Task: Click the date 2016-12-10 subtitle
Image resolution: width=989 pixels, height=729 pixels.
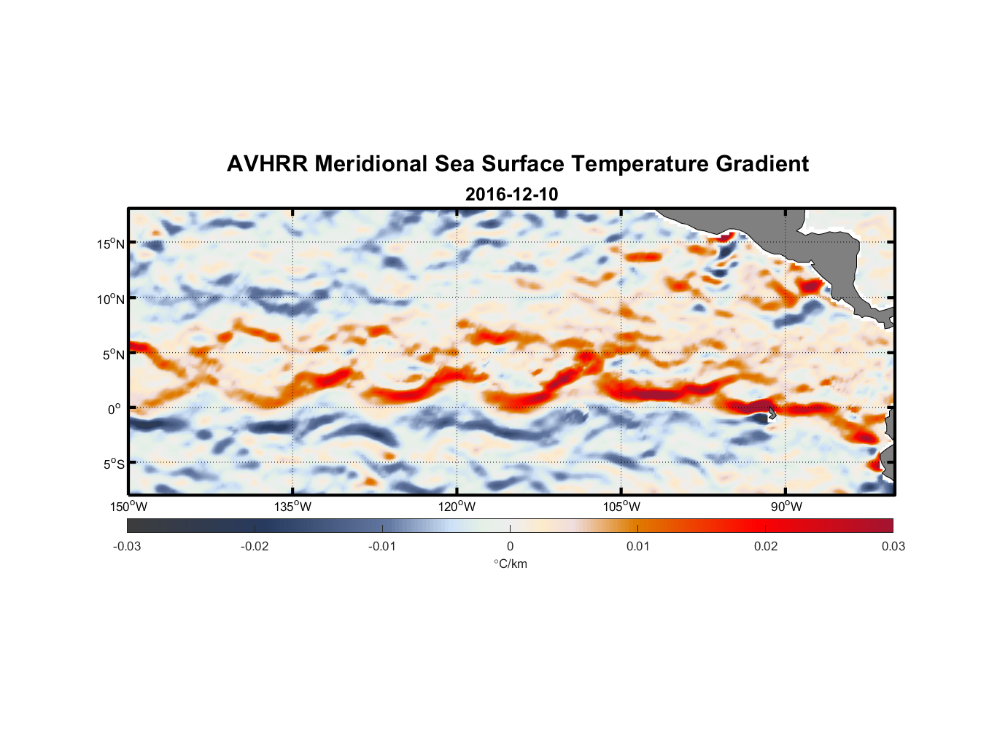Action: (511, 195)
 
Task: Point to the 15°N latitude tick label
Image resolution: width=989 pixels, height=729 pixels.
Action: (111, 243)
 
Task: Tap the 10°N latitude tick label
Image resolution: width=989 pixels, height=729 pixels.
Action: (111, 299)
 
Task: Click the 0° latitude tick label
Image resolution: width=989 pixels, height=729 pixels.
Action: (115, 410)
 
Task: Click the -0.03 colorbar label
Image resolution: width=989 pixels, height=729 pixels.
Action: (127, 547)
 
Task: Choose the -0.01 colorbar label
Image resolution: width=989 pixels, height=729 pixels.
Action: (382, 547)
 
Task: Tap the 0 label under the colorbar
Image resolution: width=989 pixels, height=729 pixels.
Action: (510, 547)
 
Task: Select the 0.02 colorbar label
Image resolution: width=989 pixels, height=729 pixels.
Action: (766, 547)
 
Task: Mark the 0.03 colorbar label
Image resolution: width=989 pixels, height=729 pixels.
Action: (893, 547)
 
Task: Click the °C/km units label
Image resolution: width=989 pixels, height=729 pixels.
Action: (510, 564)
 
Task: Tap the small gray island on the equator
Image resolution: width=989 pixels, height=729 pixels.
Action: (771, 412)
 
